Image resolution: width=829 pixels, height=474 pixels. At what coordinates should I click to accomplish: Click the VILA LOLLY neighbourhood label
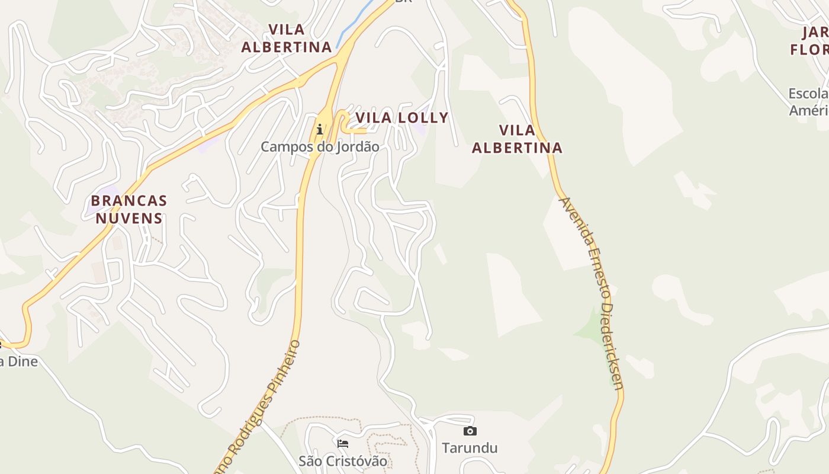(401, 118)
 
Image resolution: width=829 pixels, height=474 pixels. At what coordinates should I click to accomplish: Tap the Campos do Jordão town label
(320, 146)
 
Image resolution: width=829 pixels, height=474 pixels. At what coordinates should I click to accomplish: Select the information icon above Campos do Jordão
(320, 129)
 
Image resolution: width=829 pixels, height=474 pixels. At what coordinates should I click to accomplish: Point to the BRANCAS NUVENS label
(129, 209)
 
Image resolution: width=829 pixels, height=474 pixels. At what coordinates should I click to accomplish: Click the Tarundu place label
(470, 447)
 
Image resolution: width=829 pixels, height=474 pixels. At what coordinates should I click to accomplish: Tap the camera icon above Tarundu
(470, 431)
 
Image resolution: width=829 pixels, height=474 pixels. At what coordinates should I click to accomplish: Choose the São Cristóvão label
(343, 461)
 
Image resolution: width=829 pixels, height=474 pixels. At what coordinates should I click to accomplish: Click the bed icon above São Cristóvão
(343, 443)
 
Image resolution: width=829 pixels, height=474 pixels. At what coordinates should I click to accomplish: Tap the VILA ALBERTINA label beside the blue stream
(286, 38)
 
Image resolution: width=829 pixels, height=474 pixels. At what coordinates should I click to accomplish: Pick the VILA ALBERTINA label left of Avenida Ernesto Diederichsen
(517, 139)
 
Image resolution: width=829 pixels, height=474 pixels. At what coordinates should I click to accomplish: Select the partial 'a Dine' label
(19, 361)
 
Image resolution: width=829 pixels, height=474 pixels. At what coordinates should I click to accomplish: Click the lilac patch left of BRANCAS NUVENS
(95, 204)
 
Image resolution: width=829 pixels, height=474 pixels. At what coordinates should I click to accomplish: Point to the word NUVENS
(129, 218)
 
